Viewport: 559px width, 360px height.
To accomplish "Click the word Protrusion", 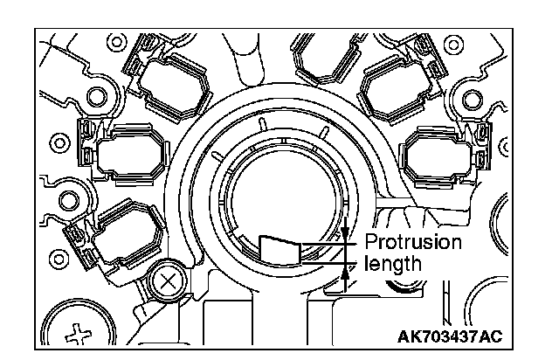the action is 413,243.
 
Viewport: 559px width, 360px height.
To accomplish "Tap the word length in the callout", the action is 393,264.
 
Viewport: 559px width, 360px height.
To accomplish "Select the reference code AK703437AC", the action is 450,336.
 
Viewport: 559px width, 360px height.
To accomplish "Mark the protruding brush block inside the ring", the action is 280,251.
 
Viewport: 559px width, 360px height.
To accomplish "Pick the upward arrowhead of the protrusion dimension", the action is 345,273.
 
